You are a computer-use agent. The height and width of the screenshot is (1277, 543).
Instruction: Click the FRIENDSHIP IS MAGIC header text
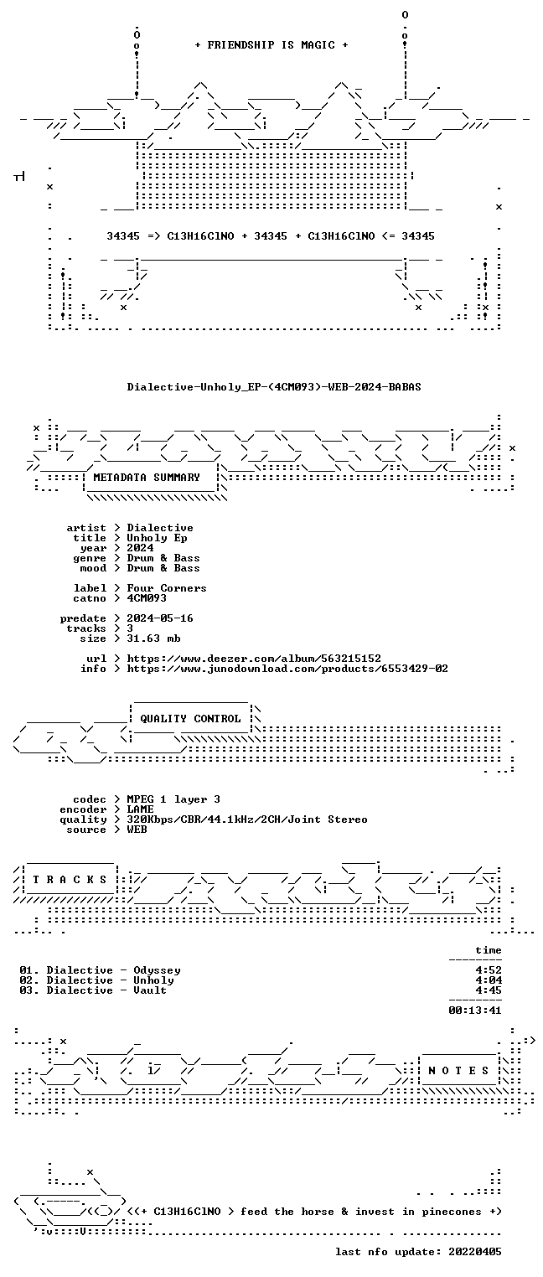[x=271, y=45]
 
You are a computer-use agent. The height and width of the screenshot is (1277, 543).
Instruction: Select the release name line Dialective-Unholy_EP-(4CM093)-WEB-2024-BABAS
[x=274, y=387]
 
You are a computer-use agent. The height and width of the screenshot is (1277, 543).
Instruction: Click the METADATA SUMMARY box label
[x=147, y=477]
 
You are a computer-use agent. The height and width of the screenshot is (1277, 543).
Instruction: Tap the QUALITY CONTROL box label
[x=190, y=718]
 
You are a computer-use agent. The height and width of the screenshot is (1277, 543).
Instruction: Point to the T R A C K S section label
[x=70, y=880]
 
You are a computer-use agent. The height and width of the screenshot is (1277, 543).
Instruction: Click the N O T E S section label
[x=458, y=1071]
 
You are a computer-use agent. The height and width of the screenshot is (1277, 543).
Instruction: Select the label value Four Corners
[x=167, y=587]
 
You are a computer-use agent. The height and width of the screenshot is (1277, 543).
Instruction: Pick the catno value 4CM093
[x=147, y=598]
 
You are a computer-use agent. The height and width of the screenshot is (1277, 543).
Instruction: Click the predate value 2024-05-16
[x=160, y=618]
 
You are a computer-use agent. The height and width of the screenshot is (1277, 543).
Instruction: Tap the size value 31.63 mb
[x=153, y=638]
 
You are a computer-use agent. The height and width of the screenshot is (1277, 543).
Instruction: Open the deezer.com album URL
[x=254, y=659]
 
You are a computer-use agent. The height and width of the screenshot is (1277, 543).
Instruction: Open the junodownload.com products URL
[x=287, y=669]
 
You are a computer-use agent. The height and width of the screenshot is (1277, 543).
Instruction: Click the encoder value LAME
[x=140, y=809]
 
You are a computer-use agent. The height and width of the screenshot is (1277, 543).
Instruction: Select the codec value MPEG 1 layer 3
[x=173, y=799]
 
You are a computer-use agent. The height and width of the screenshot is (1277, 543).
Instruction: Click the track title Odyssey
[x=157, y=970]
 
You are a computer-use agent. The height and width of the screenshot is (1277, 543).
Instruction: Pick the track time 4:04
[x=489, y=980]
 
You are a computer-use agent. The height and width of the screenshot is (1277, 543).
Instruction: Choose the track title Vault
[x=150, y=990]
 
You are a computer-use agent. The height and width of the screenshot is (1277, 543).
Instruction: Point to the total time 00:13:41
[x=475, y=1011]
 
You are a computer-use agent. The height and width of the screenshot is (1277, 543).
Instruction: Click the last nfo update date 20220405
[x=475, y=1251]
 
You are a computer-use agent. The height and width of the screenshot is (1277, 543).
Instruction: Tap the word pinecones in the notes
[x=452, y=1212]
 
